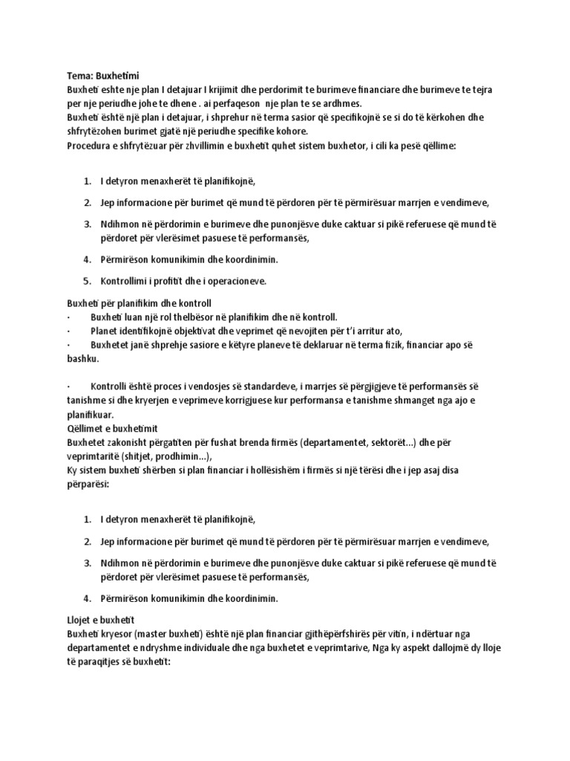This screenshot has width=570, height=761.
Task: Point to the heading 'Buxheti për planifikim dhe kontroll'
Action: pyautogui.click(x=139, y=303)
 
